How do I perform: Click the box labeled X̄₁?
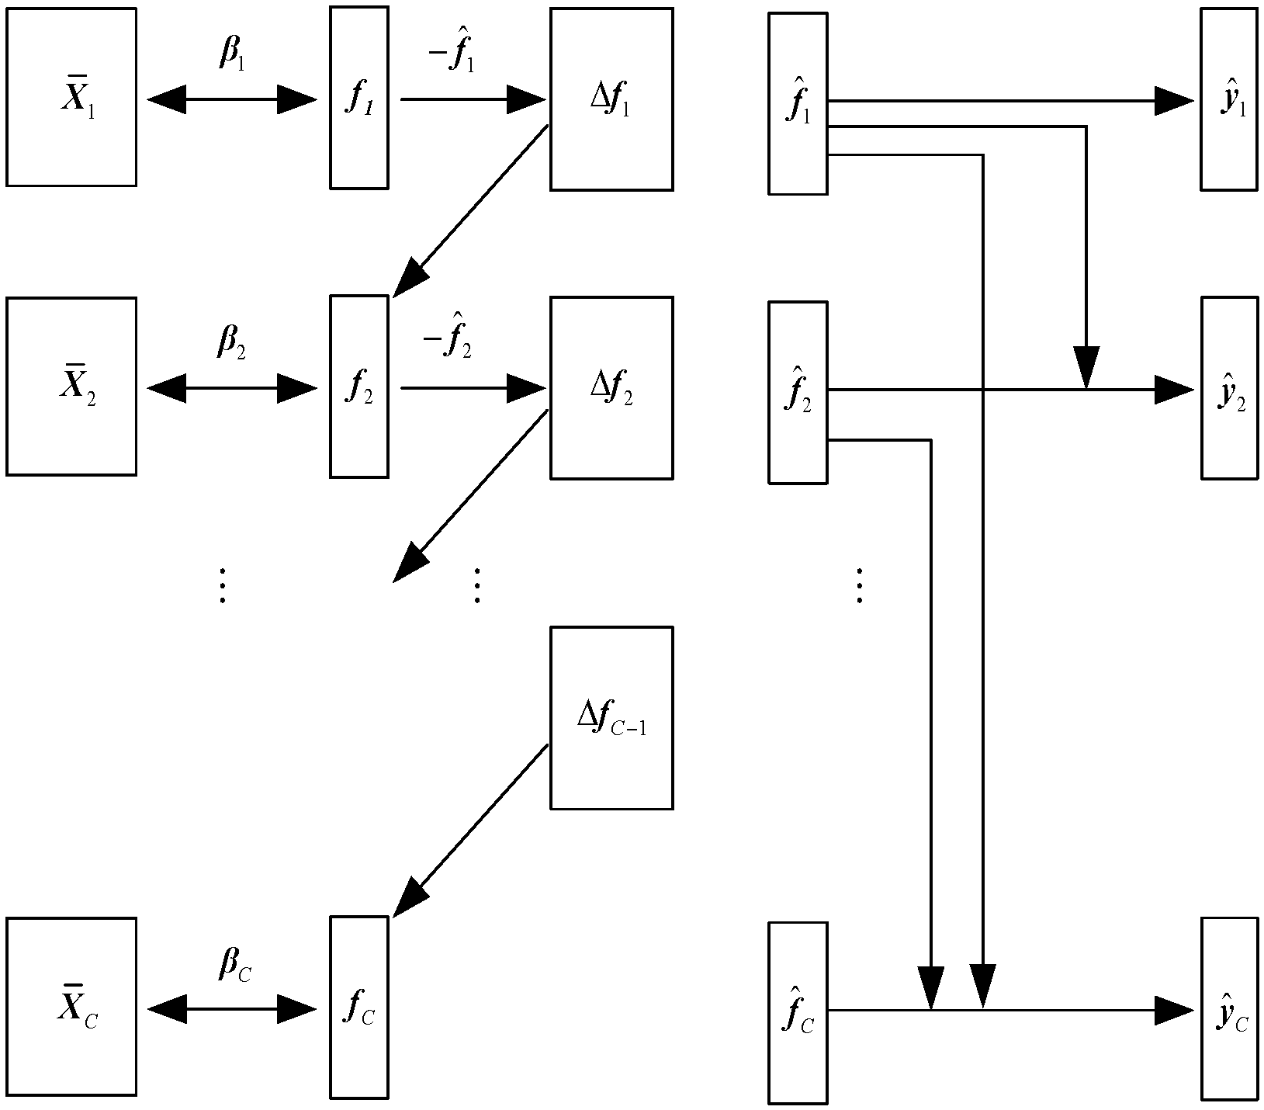tap(71, 97)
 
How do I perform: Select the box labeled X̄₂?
tap(71, 386)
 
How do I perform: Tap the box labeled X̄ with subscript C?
tap(71, 1007)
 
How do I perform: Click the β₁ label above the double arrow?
tap(231, 55)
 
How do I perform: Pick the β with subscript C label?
tap(233, 966)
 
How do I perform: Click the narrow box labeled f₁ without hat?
tap(358, 97)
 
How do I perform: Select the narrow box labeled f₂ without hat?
tap(358, 386)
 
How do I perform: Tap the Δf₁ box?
tap(611, 99)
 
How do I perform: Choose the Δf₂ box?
tap(611, 387)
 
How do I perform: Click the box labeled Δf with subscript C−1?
tap(611, 718)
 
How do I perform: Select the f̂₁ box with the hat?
tap(798, 103)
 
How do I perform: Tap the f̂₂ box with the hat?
tap(798, 392)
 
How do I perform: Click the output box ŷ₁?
tap(1229, 99)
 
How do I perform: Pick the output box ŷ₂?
tap(1229, 387)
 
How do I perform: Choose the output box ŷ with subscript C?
tap(1229, 1008)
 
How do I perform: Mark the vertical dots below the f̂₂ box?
tap(859, 585)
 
